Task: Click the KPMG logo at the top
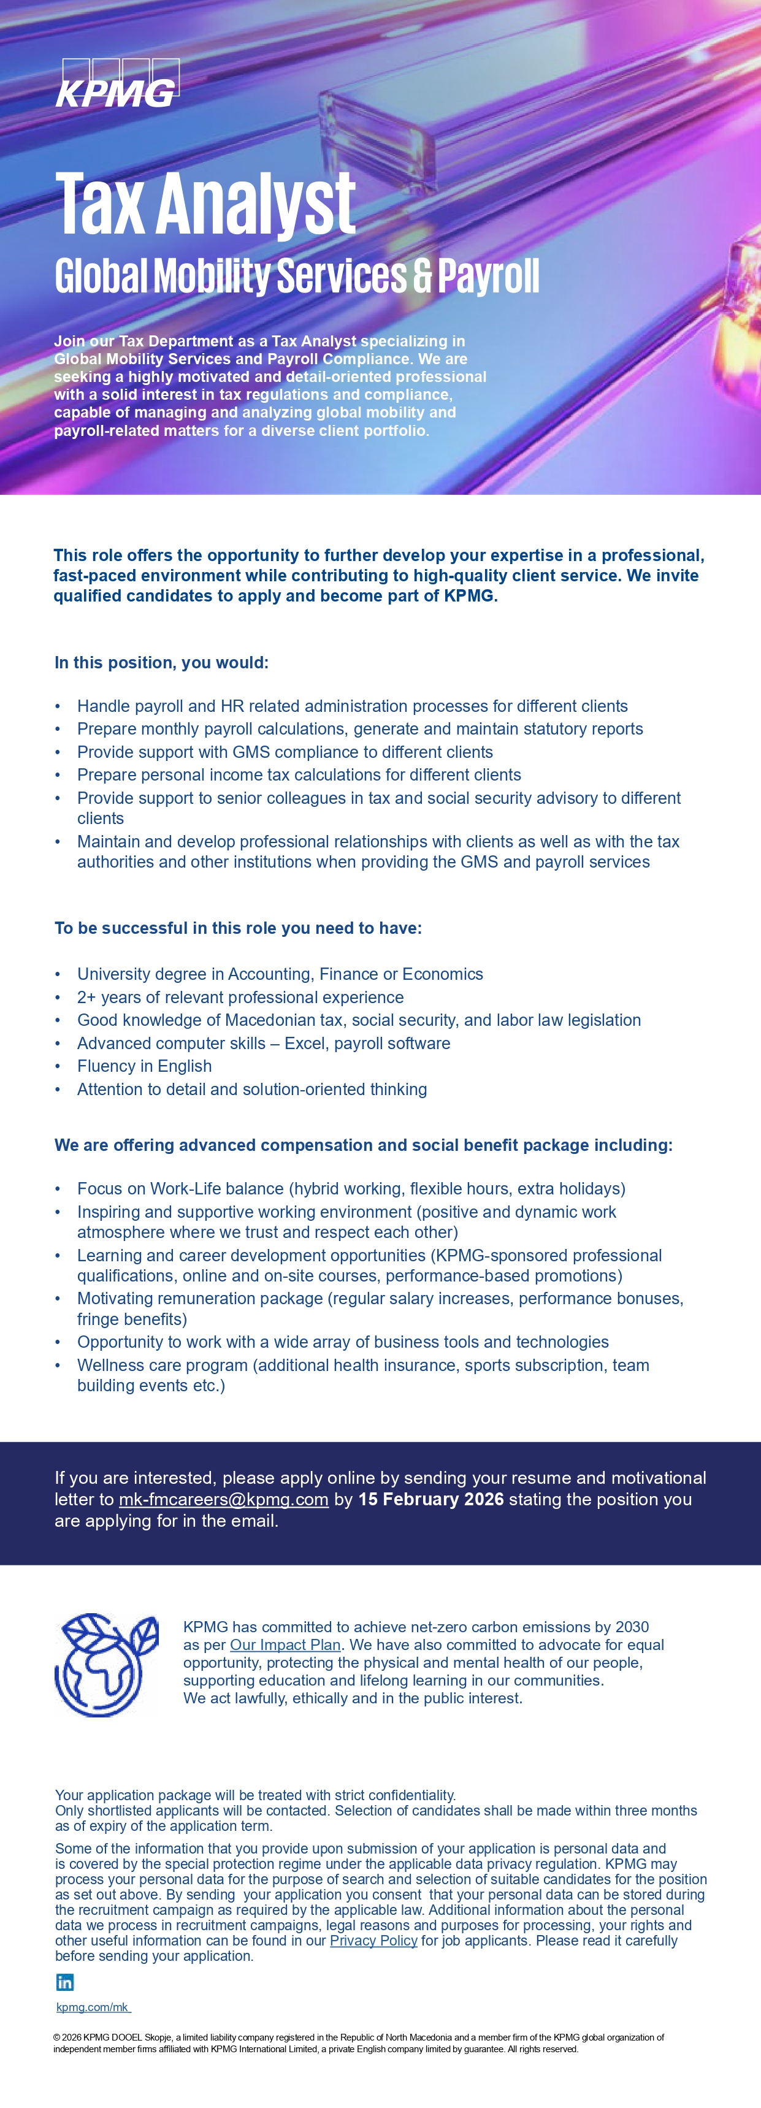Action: [117, 83]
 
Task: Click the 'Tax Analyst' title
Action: [205, 202]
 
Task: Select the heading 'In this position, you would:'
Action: [161, 662]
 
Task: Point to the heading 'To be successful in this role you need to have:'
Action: [238, 928]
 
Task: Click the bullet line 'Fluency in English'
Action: [144, 1066]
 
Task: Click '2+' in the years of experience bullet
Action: [86, 997]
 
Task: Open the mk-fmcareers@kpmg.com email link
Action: [223, 1499]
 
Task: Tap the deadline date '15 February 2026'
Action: [430, 1499]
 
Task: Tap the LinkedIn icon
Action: [64, 1982]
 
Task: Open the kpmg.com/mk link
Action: [93, 2007]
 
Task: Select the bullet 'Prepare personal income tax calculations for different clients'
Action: [299, 774]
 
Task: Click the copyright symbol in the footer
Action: [56, 2037]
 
